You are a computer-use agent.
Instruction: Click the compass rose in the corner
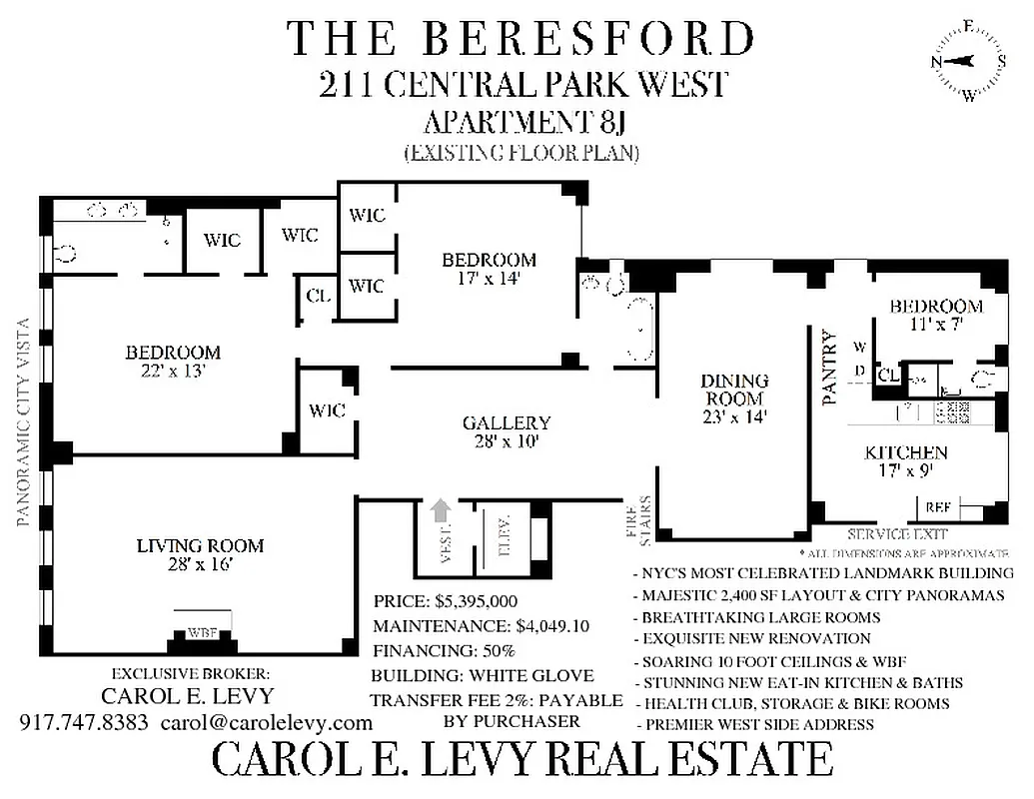(968, 61)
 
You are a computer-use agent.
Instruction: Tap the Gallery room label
(507, 431)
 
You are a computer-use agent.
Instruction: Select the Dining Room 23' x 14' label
(734, 399)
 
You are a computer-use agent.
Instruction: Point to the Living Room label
(200, 554)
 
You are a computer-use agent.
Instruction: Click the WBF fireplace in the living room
(202, 631)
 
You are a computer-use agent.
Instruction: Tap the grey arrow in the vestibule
(438, 511)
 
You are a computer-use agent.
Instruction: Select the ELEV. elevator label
(504, 540)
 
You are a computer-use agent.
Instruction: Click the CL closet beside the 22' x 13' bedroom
(319, 297)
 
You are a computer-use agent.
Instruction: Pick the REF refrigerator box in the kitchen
(937, 508)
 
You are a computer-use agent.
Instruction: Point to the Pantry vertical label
(827, 367)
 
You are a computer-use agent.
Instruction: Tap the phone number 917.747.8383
(84, 722)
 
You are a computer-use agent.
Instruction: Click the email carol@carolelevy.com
(266, 722)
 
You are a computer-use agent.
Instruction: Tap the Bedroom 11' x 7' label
(936, 315)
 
